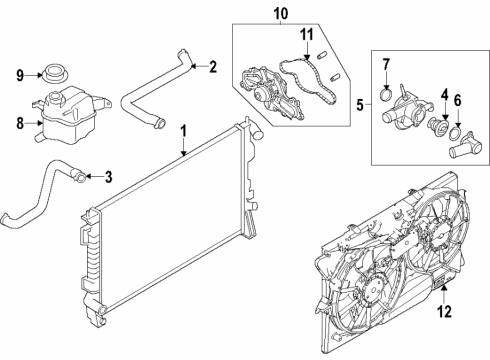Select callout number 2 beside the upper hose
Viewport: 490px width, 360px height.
tap(213, 67)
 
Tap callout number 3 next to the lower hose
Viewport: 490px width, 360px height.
tap(108, 177)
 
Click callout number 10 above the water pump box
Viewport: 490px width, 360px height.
tap(281, 13)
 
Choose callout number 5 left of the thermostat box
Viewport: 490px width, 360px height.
tap(360, 105)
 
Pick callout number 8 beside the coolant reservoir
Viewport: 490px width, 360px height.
tap(20, 123)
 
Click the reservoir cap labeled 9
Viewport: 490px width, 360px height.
tap(55, 74)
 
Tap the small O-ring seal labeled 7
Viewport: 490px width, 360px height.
tap(386, 94)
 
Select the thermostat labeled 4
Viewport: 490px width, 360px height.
tap(437, 125)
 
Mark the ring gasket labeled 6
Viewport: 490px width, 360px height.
tap(455, 134)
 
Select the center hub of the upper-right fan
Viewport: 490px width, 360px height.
tap(441, 235)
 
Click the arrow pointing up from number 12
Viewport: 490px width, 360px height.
tap(444, 294)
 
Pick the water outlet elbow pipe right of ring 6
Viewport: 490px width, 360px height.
tap(465, 146)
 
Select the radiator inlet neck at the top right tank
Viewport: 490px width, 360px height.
tap(258, 134)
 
